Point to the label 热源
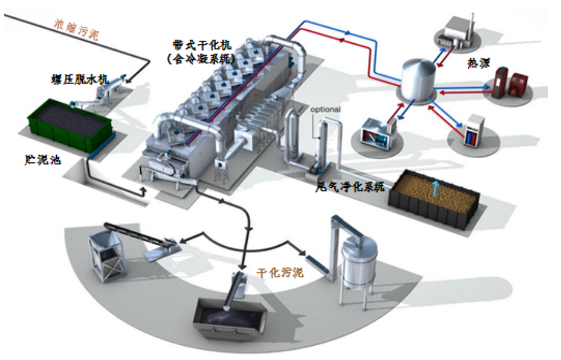pyautogui.click(x=481, y=63)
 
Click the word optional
pyautogui.click(x=326, y=110)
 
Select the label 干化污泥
pyautogui.click(x=280, y=272)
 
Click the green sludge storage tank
pyautogui.click(x=69, y=127)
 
